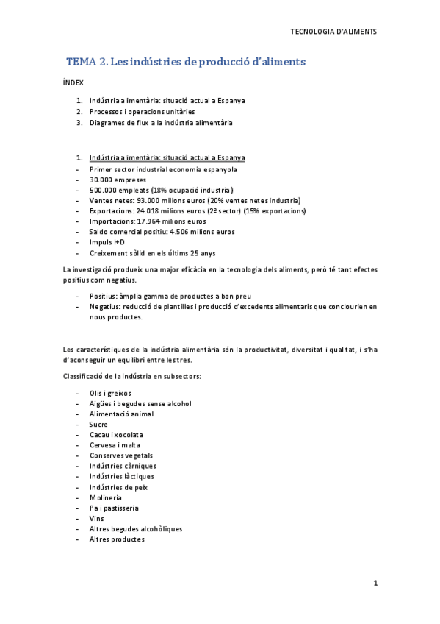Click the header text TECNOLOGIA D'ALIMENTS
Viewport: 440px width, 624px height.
pyautogui.click(x=333, y=32)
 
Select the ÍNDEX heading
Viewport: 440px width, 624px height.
pyautogui.click(x=73, y=83)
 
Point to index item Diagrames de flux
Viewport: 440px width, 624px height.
pyautogui.click(x=160, y=122)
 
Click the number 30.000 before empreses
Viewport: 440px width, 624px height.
pyautogui.click(x=103, y=180)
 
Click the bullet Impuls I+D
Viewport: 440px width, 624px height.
pyautogui.click(x=107, y=241)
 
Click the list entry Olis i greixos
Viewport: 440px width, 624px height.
pyautogui.click(x=111, y=394)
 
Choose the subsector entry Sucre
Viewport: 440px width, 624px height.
pyautogui.click(x=98, y=425)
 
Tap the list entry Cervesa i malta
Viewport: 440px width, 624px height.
pyautogui.click(x=115, y=445)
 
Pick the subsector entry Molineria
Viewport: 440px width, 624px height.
pyautogui.click(x=104, y=497)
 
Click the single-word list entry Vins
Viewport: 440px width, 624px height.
pyautogui.click(x=96, y=518)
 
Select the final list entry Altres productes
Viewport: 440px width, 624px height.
pyautogui.click(x=117, y=539)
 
